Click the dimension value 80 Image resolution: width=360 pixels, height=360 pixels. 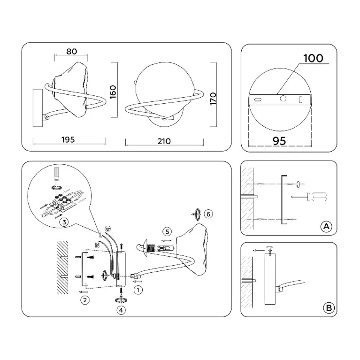[x=72, y=52]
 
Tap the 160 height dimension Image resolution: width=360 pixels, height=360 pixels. [x=113, y=92]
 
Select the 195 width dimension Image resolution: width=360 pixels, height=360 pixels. [x=68, y=139]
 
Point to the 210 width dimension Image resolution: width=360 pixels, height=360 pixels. [x=164, y=141]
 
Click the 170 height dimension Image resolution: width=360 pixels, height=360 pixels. [x=213, y=99]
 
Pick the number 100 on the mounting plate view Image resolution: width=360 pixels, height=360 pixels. [x=313, y=58]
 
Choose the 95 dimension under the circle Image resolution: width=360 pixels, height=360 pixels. [x=279, y=141]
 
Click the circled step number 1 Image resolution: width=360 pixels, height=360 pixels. [x=138, y=290]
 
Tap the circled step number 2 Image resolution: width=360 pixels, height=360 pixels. [x=85, y=300]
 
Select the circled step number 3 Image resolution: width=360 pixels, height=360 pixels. [x=64, y=222]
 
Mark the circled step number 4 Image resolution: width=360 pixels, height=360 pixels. [x=121, y=310]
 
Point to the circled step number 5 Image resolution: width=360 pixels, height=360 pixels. [x=167, y=232]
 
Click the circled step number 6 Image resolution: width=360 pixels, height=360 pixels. [x=208, y=214]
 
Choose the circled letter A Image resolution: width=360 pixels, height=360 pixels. [x=326, y=226]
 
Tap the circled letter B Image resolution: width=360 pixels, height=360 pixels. [x=329, y=307]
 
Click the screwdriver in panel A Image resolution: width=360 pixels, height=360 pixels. [x=309, y=197]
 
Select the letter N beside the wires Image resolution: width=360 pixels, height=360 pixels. [x=97, y=245]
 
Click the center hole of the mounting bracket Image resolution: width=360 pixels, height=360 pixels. [x=283, y=99]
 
